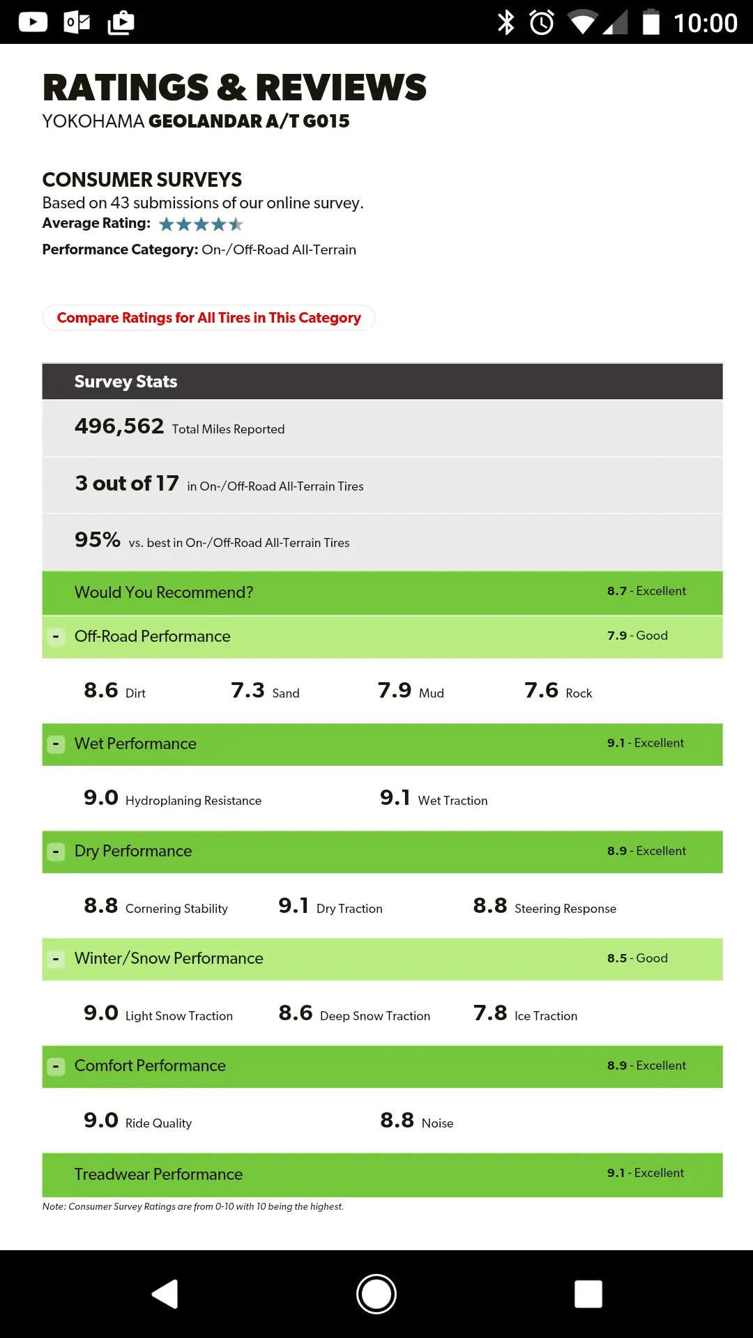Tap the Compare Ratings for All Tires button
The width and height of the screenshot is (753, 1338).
208,318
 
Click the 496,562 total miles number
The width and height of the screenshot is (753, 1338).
119,426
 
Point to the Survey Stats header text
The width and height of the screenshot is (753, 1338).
125,381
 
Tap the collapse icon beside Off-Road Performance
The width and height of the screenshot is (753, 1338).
56,636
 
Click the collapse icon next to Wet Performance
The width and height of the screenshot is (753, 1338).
56,744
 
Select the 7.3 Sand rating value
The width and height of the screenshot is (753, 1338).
248,691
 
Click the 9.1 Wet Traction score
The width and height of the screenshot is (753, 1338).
395,798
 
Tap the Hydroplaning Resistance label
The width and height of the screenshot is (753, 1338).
193,801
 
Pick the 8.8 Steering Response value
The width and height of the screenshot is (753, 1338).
489,906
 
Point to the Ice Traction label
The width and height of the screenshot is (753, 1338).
545,1016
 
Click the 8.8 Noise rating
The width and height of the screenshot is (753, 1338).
397,1121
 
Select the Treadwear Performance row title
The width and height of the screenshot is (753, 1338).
158,1174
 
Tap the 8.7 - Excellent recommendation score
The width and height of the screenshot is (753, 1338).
646,591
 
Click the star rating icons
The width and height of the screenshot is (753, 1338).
201,224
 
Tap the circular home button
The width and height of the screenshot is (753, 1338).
376,1294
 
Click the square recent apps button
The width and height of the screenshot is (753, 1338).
588,1294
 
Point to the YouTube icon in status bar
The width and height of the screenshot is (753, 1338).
33,22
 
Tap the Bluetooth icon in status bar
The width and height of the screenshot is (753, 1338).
505,22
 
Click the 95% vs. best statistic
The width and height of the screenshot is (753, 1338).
98,540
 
